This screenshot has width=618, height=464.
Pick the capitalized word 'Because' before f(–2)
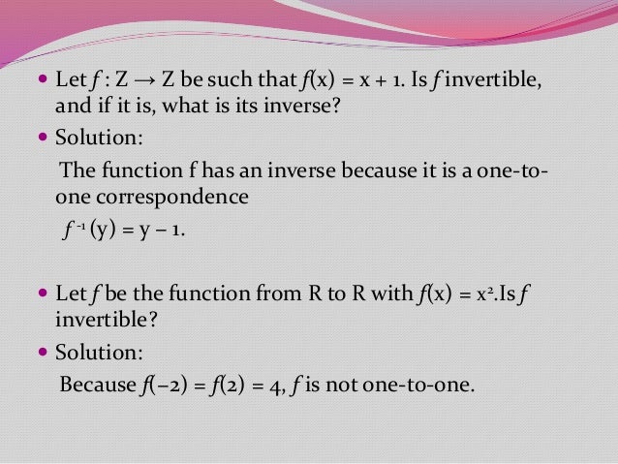coord(97,385)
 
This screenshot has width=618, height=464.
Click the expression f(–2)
coord(161,385)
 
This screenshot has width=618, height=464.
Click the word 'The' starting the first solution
coord(77,172)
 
